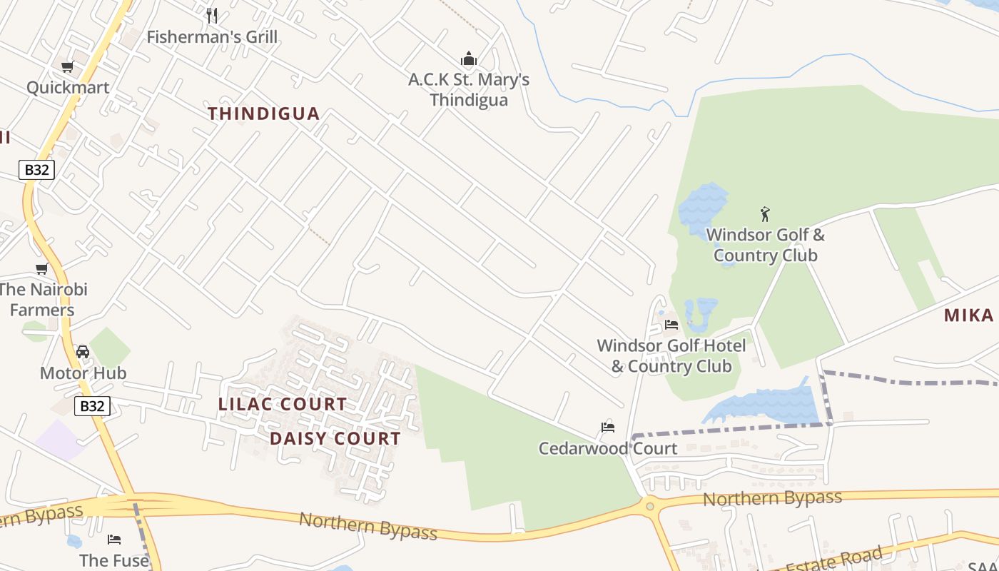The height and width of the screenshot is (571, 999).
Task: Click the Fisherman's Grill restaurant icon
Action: [x=211, y=15]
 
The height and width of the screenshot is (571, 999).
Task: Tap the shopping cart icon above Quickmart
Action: [x=67, y=67]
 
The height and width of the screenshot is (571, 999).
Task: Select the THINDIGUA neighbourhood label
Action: [x=264, y=113]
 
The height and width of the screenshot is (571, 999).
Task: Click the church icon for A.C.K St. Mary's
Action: [x=469, y=59]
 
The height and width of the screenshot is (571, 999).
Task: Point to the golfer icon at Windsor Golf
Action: [x=765, y=213]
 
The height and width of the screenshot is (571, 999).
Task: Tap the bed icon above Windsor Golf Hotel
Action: [x=671, y=325]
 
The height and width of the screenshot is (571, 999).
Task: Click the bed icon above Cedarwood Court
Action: [x=607, y=428]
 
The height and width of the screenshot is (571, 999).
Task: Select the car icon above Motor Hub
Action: [x=83, y=352]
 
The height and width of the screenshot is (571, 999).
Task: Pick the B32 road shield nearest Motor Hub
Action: [x=92, y=406]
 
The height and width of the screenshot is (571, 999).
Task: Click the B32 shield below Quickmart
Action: [x=36, y=170]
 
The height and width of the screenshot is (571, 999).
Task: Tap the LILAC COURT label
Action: [x=283, y=404]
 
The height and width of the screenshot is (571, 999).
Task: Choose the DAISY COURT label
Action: [x=335, y=438]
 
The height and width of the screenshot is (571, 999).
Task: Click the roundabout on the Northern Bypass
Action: [x=649, y=507]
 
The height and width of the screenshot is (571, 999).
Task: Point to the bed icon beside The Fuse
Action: [x=114, y=539]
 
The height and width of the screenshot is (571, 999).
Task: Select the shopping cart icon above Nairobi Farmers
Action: [x=42, y=269]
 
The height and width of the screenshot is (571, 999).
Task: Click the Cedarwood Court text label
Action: [x=607, y=448]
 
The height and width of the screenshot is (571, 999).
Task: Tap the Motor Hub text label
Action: [x=83, y=373]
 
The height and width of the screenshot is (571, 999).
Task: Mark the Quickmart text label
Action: [x=68, y=88]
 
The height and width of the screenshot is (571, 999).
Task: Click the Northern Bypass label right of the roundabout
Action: [x=772, y=497]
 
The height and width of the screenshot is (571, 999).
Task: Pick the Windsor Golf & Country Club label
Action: [x=765, y=245]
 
